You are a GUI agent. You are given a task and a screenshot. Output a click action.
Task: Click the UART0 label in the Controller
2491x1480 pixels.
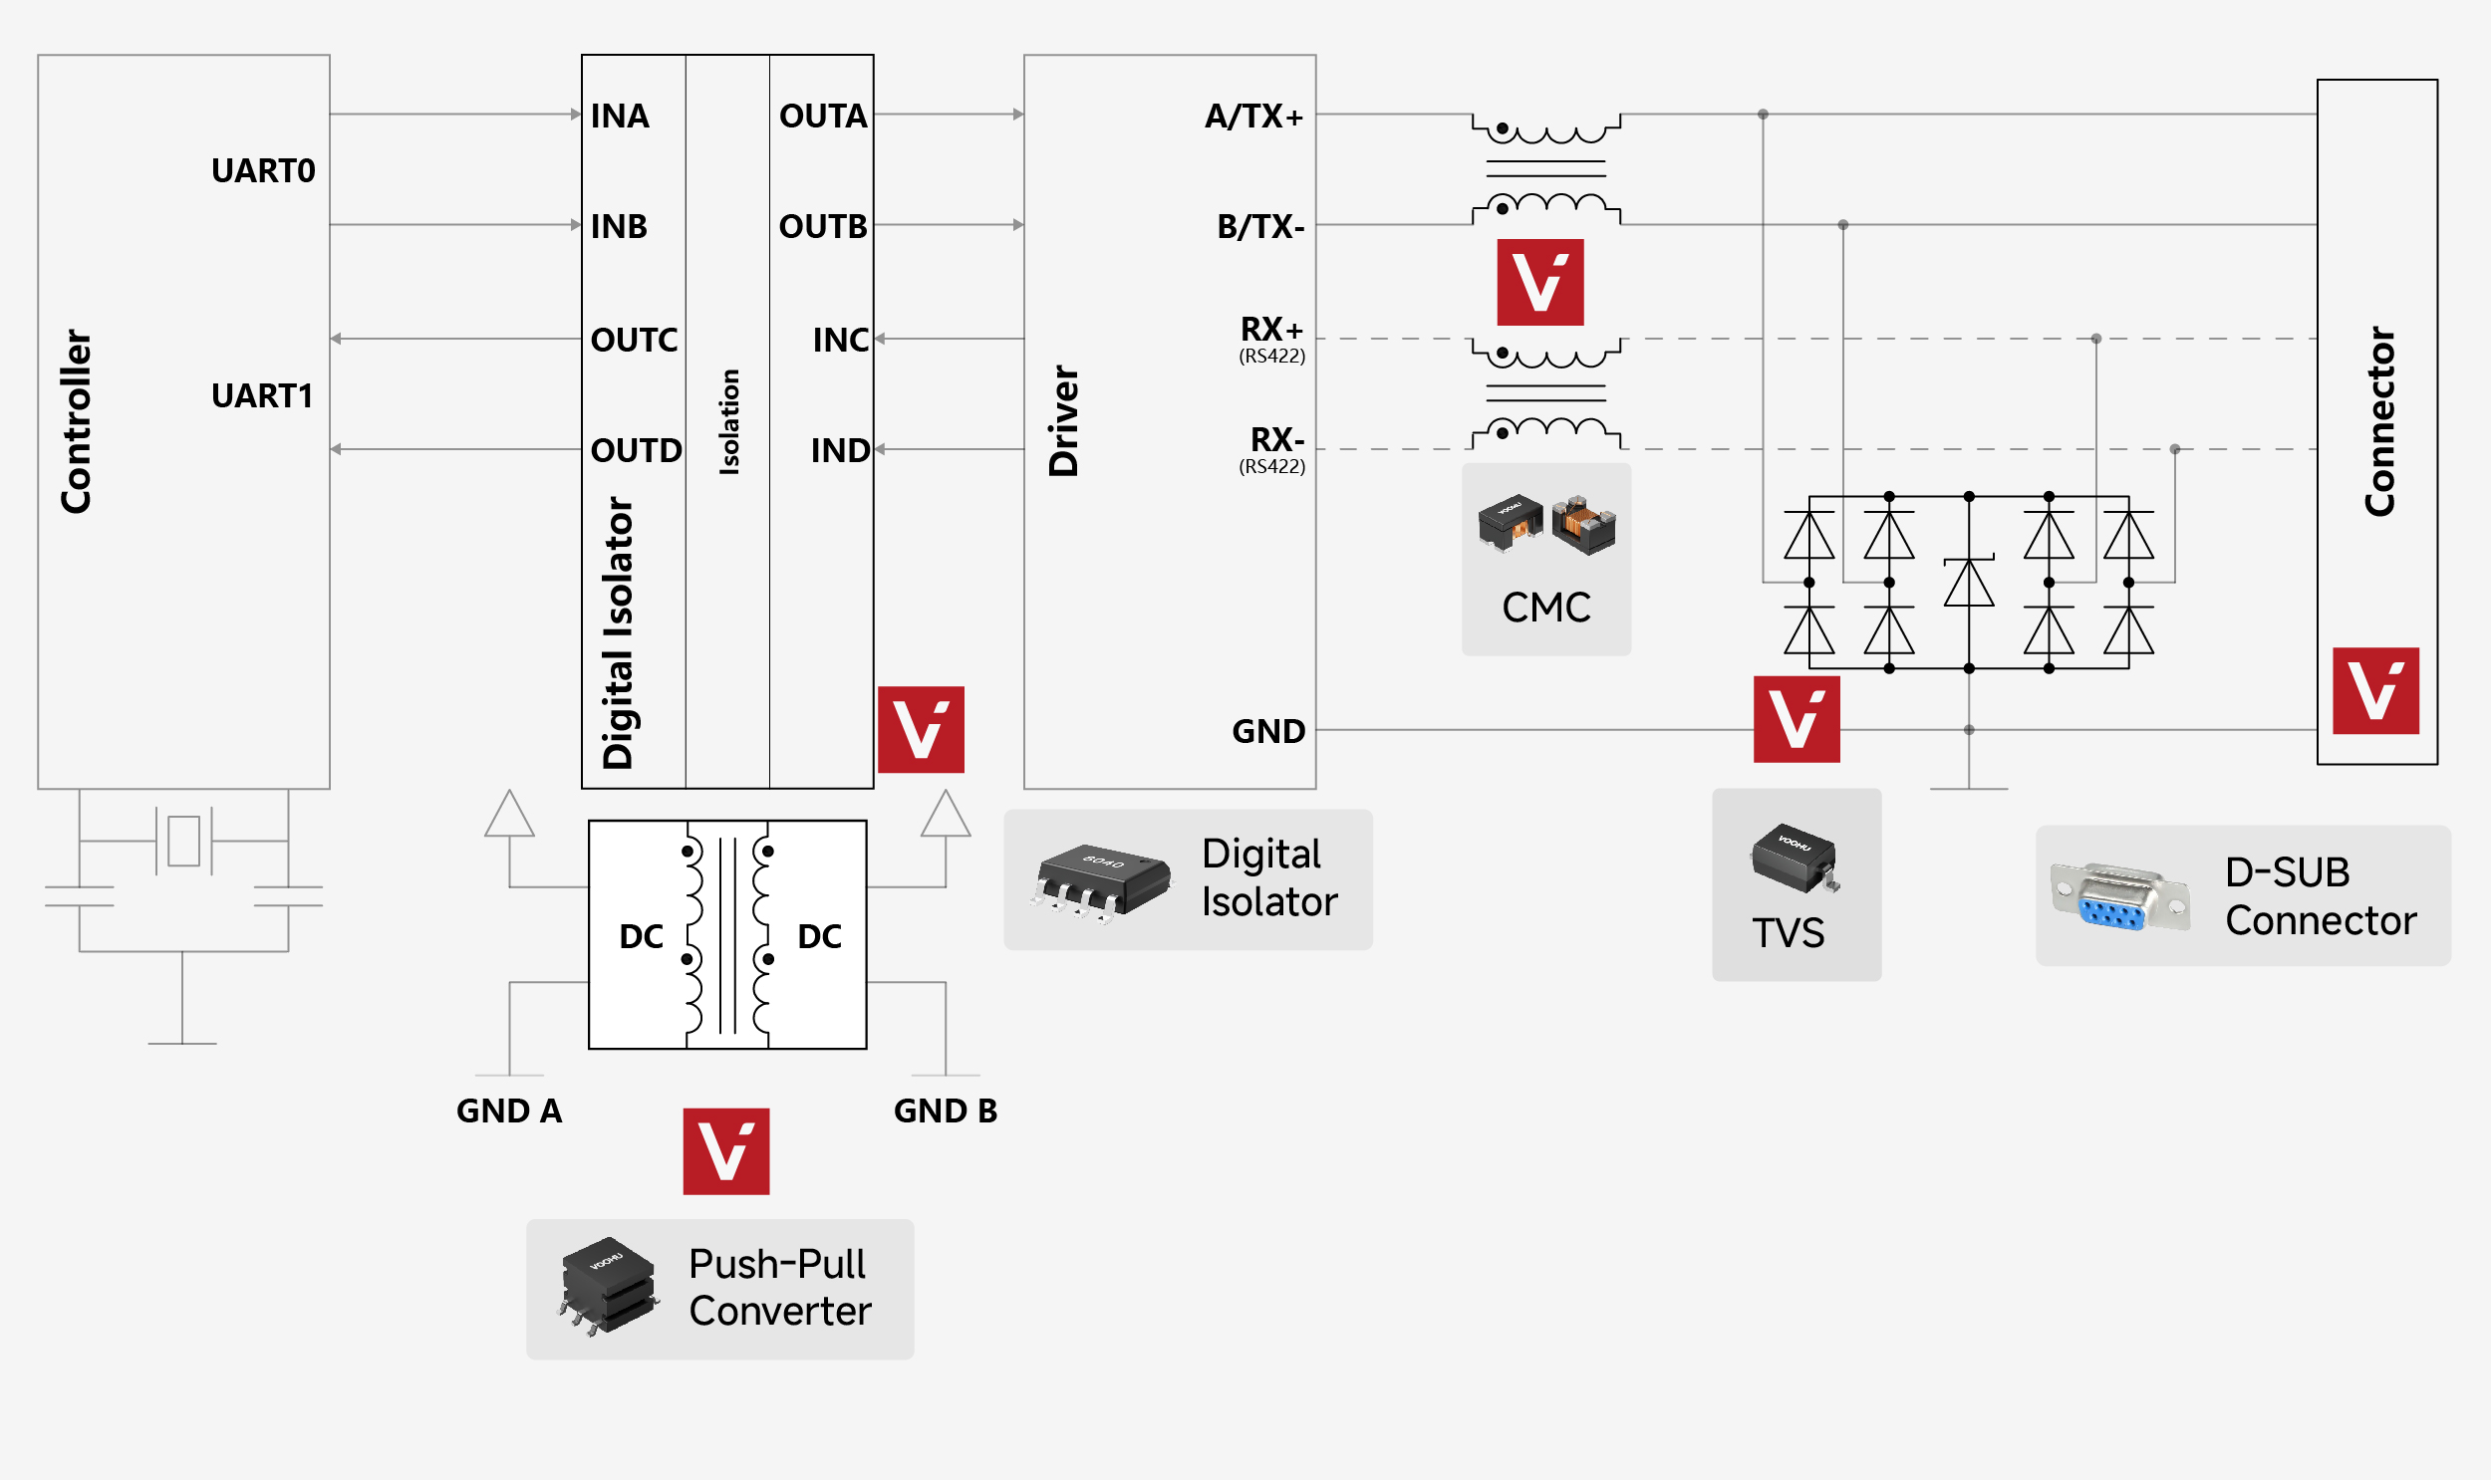263,170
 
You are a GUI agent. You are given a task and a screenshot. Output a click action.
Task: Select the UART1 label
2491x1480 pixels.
262,396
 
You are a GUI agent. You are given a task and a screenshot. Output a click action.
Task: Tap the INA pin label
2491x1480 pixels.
620,116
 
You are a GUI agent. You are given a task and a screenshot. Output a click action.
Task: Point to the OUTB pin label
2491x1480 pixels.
823,226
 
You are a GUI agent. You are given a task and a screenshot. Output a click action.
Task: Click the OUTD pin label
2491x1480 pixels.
637,451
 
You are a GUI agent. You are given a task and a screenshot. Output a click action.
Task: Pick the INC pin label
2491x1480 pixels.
841,340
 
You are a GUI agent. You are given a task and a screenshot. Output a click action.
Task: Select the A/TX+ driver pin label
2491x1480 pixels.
1254,117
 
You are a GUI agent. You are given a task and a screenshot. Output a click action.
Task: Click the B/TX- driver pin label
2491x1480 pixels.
1261,227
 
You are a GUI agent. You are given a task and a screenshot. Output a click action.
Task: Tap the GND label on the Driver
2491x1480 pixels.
1269,731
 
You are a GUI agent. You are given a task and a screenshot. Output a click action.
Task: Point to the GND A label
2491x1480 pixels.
509,1111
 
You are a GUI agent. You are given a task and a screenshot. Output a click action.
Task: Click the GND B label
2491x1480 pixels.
946,1111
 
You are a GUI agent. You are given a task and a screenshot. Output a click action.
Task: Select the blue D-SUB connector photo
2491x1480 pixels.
2121,896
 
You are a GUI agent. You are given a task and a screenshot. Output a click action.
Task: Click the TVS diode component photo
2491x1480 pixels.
1796,858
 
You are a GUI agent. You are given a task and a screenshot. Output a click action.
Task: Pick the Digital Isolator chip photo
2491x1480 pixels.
1101,881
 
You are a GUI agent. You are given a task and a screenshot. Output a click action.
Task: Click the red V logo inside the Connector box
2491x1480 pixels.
2375,691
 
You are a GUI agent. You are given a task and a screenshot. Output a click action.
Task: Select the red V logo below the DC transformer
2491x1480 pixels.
726,1151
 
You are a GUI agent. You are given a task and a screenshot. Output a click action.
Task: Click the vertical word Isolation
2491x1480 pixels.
729,422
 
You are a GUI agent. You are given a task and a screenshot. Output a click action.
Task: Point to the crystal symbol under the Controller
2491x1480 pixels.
183,841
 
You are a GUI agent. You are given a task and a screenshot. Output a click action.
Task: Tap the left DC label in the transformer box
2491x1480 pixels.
642,936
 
